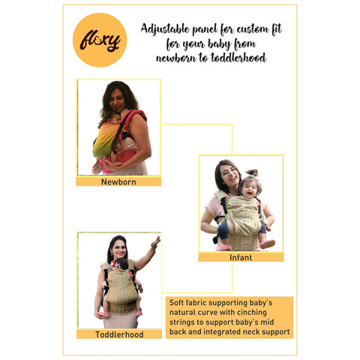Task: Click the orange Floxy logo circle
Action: tap(100, 40)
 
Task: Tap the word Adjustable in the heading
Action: tap(167, 28)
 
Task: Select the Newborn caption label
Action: tap(118, 181)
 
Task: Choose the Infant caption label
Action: tap(241, 256)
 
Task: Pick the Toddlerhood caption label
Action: tap(118, 334)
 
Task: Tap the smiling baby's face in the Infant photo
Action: tap(249, 186)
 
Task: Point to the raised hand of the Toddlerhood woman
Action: tap(156, 242)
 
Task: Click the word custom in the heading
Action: tap(243, 28)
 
